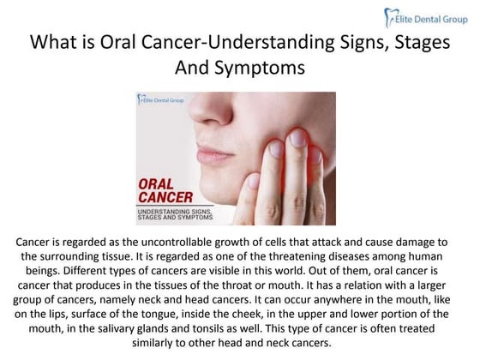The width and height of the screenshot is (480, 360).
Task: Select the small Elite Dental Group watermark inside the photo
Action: tap(163, 100)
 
